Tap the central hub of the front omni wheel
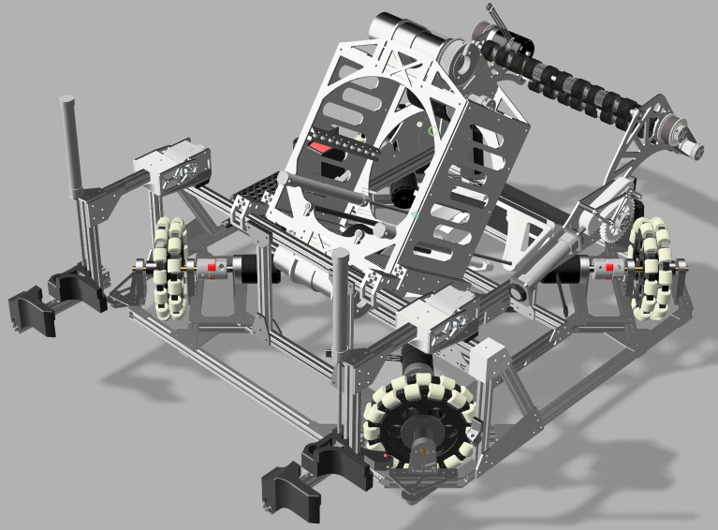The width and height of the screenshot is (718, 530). tap(418, 427)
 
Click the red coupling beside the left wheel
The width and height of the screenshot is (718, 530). tap(212, 269)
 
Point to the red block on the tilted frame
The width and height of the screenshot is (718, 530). tap(324, 147)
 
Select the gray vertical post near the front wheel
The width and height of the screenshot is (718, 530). tap(339, 309)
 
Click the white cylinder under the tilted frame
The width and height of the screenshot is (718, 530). tap(300, 271)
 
